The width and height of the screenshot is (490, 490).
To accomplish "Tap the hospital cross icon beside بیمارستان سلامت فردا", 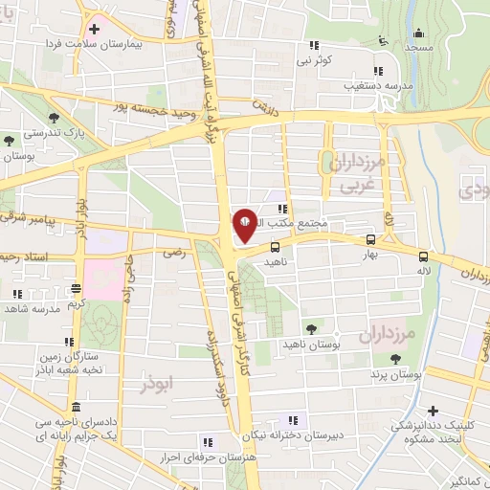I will (93, 30).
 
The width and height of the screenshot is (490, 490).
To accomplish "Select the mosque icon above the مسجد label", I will (384, 39).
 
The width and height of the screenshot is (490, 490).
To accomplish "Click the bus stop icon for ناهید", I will (276, 246).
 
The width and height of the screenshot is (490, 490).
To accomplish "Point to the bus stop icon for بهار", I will (370, 241).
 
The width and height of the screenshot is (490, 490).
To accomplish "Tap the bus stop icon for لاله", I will (422, 256).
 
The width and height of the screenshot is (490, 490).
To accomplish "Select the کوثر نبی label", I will (313, 59).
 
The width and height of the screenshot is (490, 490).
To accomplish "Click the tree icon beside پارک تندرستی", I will (10, 140).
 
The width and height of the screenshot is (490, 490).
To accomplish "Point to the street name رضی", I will (173, 254).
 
